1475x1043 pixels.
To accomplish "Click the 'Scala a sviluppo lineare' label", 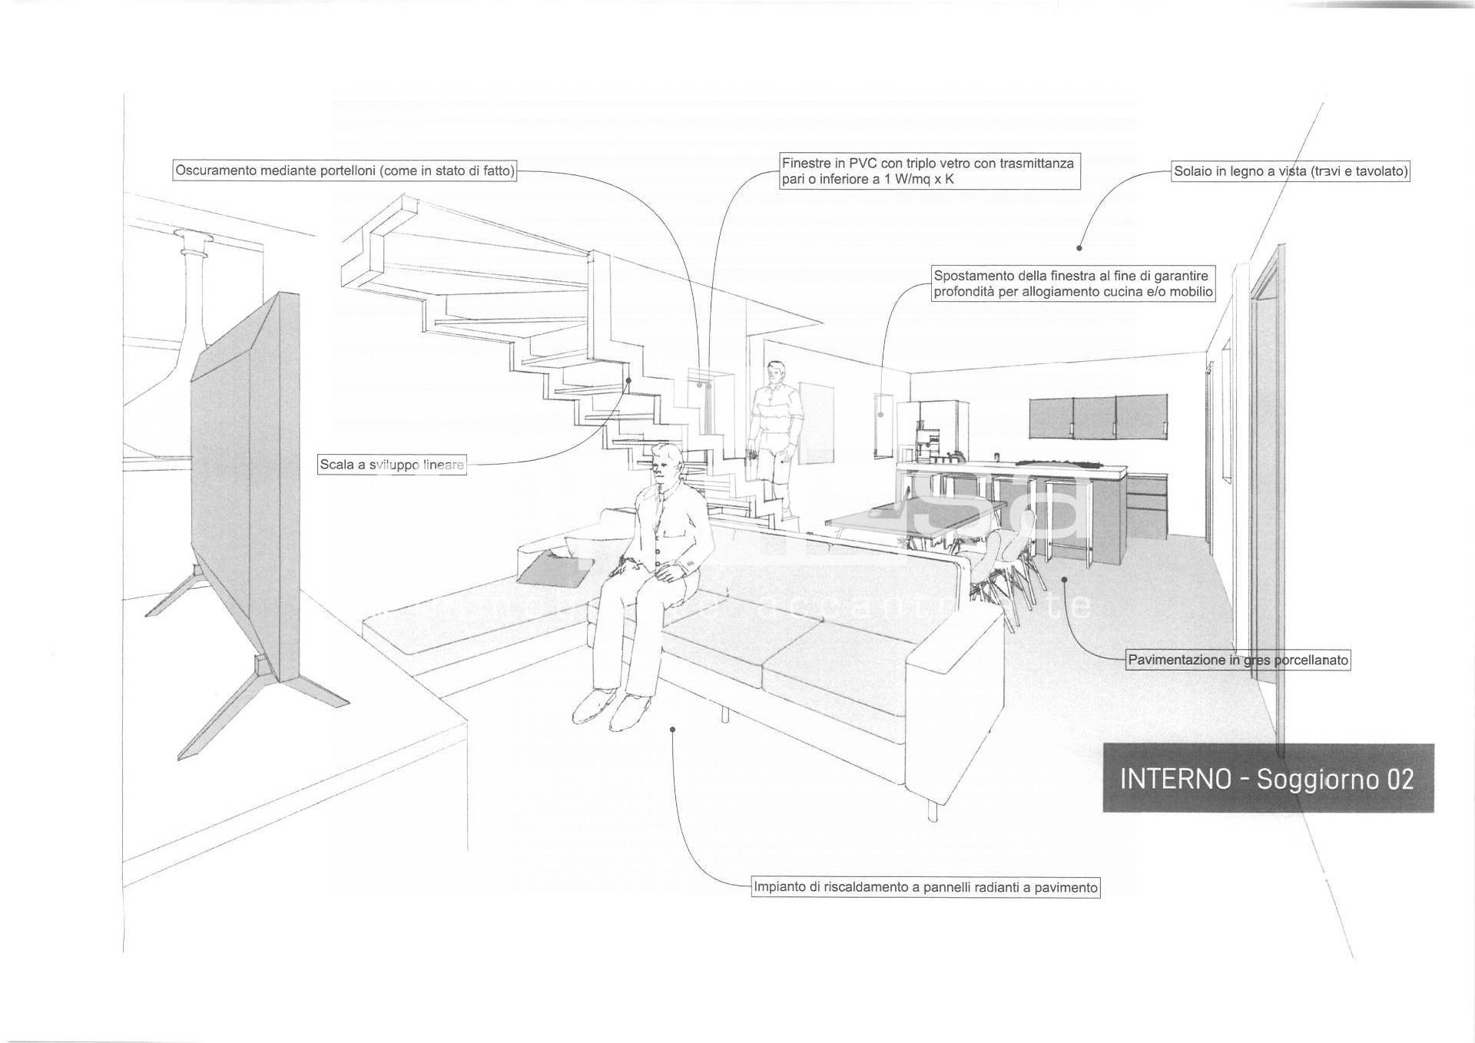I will tap(392, 465).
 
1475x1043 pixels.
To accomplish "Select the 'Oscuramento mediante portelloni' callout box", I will tap(344, 171).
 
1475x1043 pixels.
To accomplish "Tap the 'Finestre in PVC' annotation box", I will tap(929, 171).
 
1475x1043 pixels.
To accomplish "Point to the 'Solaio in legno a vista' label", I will tap(1291, 171).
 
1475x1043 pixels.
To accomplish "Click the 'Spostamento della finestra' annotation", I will tap(1072, 283).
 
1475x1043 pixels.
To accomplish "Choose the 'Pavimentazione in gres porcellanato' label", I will tap(1238, 660).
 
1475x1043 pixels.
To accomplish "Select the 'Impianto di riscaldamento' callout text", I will tap(926, 887).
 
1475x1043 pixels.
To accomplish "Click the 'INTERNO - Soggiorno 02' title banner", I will tap(1268, 778).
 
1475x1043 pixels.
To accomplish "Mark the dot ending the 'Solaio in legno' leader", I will tap(1079, 248).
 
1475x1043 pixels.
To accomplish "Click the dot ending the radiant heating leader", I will tap(673, 729).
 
